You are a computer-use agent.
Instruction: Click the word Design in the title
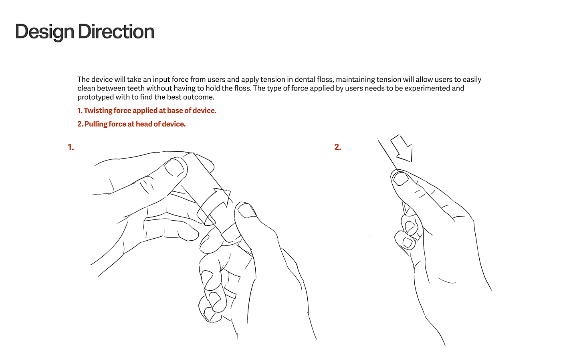click(44, 32)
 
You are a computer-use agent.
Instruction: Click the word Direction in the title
click(116, 32)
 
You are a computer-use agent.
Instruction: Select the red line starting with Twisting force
click(147, 111)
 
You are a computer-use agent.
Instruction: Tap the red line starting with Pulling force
click(131, 124)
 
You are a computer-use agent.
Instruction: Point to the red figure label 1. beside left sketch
click(71, 147)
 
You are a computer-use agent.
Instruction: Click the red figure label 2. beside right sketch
click(338, 147)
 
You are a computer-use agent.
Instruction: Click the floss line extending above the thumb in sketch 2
click(388, 155)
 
